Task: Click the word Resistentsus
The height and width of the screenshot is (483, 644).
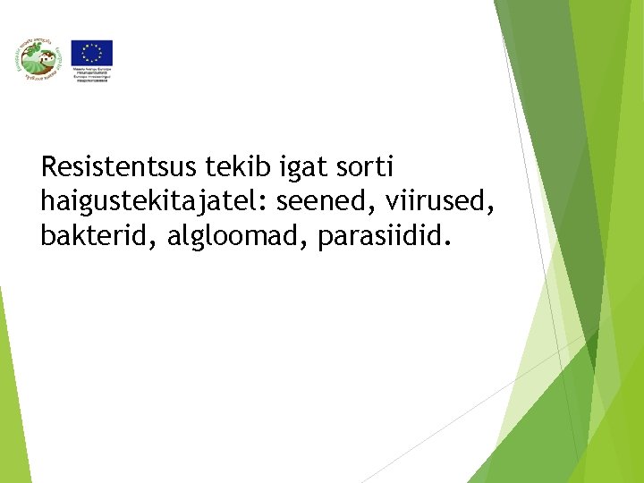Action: [x=119, y=166]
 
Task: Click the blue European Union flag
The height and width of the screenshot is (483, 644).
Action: [x=92, y=53]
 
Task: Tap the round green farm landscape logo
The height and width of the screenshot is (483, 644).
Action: [x=35, y=61]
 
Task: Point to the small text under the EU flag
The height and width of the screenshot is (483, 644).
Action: [x=92, y=73]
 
